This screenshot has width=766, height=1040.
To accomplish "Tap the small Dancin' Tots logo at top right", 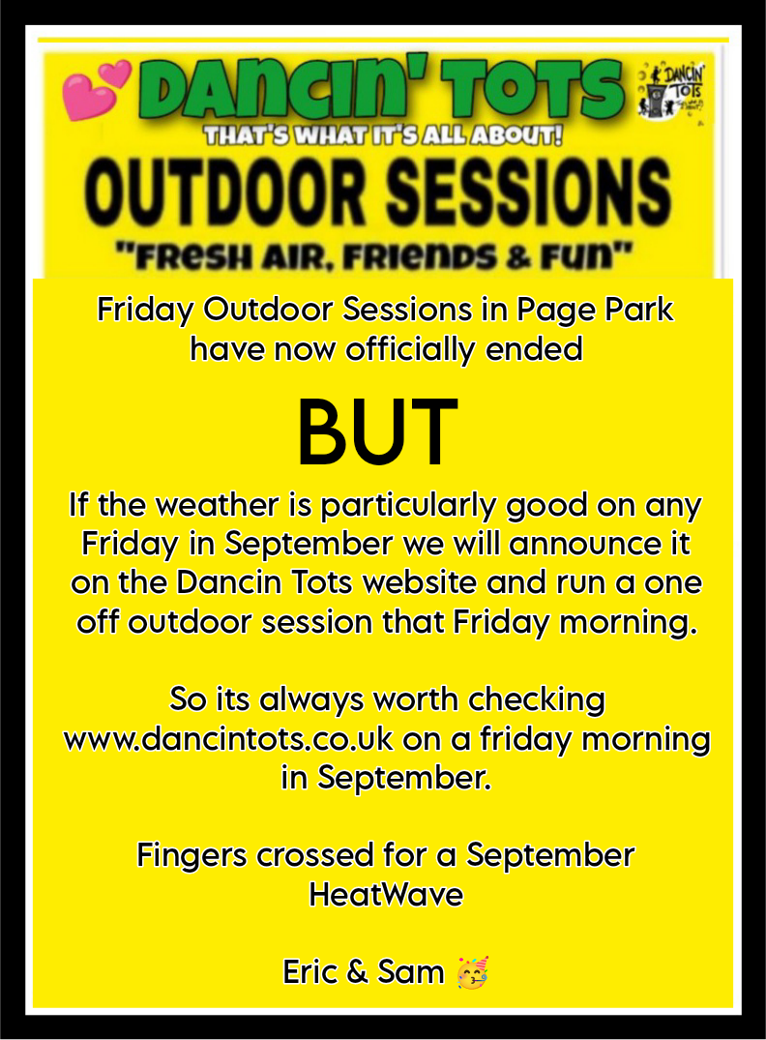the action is coord(671,92).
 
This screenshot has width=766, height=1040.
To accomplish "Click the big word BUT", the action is coord(377,433).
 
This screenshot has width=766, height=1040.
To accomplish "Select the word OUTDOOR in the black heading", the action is coord(225,192).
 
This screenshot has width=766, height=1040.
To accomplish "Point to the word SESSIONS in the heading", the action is coord(529,192).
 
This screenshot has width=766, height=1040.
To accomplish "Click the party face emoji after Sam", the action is coord(473,973).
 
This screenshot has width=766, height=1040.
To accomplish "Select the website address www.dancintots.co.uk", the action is coord(229,739).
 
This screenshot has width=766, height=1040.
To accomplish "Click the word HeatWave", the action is coord(386,895).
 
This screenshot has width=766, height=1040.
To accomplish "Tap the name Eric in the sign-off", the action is coord(310,972).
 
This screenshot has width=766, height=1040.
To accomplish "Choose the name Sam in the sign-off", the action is coord(410,972).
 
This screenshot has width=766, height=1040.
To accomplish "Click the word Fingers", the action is coord(192,855).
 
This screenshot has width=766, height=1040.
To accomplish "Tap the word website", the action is coord(420,583).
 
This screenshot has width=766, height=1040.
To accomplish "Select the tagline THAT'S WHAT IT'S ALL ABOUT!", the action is coord(383,135).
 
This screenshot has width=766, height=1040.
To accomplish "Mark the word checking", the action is coord(537,700).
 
